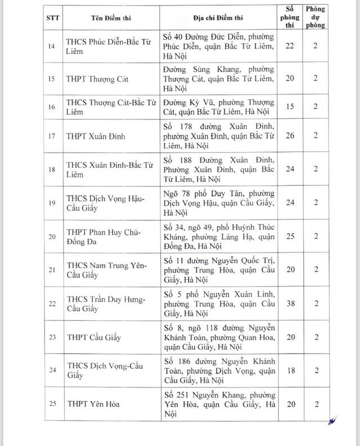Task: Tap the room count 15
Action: pos(290,106)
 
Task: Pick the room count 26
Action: pos(290,136)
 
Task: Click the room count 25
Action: pos(290,236)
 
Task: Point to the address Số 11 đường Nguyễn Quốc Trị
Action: pos(220,269)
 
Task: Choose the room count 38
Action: pos(290,302)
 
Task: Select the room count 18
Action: pos(290,371)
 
